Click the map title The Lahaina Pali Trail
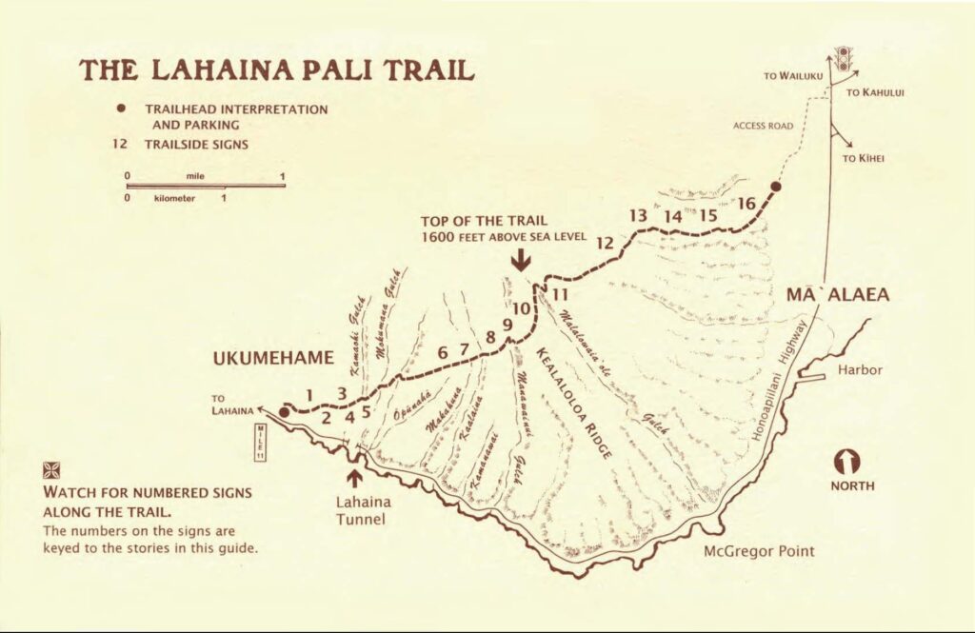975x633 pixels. [276, 71]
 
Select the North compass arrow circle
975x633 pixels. [846, 462]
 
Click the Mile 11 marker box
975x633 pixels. [260, 443]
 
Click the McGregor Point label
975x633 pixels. [759, 551]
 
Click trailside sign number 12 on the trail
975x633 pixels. [605, 243]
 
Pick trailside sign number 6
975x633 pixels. [443, 352]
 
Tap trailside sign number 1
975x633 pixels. [308, 393]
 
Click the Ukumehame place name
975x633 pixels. [273, 358]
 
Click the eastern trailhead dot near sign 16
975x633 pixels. [775, 188]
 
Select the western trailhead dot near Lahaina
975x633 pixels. [284, 413]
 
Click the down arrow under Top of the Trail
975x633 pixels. [520, 260]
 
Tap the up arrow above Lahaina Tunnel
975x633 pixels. [356, 477]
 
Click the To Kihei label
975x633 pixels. [864, 159]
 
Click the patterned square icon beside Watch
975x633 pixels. [51, 470]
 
